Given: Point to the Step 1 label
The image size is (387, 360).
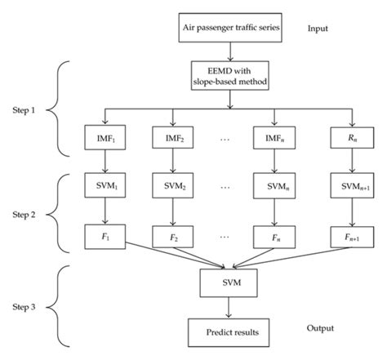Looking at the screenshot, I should [28, 109].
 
